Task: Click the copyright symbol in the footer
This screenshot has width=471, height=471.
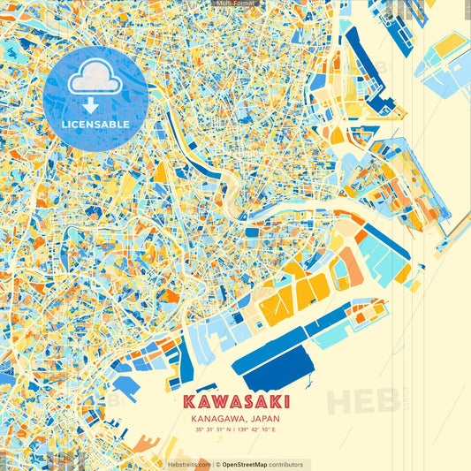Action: click(217, 464)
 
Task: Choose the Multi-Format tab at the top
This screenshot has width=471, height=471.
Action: click(235, 4)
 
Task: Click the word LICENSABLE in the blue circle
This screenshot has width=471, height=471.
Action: click(95, 124)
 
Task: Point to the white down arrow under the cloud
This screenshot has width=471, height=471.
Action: click(95, 103)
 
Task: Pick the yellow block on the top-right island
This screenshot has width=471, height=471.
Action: click(450, 43)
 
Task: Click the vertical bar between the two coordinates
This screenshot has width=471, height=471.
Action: click(236, 430)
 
